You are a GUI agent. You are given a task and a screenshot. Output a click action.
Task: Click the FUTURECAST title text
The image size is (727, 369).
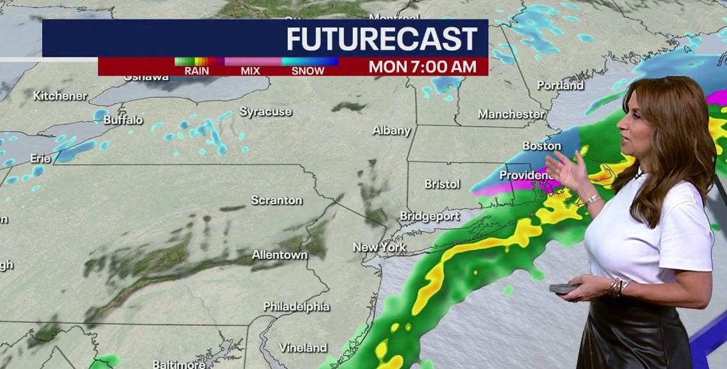382,39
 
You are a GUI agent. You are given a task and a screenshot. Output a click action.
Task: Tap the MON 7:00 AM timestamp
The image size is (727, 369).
422,67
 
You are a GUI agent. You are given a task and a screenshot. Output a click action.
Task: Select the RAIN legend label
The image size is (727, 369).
196,70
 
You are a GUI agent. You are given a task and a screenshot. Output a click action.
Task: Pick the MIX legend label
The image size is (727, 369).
250,70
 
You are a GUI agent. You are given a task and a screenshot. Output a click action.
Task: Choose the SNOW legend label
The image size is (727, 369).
308,70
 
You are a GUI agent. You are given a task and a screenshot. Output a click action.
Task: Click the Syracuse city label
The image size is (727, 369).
265,112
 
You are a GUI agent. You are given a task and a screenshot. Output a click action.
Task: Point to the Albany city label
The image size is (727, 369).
391,130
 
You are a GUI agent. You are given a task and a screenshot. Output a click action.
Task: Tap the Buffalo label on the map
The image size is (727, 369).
123,120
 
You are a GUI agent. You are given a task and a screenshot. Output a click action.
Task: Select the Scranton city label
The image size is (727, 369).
276,200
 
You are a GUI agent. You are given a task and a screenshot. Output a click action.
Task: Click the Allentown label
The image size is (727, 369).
279,255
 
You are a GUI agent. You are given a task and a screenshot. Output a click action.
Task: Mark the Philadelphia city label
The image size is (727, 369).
296,306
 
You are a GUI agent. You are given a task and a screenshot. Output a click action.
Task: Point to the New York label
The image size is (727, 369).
379,247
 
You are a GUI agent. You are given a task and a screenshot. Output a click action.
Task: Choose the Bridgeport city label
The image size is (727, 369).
430,216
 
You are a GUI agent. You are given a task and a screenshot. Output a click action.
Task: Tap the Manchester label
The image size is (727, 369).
511,114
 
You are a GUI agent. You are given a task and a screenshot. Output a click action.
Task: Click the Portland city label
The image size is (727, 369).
560,85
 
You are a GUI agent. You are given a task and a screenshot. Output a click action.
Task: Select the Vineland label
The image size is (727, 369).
302,348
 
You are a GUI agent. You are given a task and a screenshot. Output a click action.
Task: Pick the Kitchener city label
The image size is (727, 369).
60,96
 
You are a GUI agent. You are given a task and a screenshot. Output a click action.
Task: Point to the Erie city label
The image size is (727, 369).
40,158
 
